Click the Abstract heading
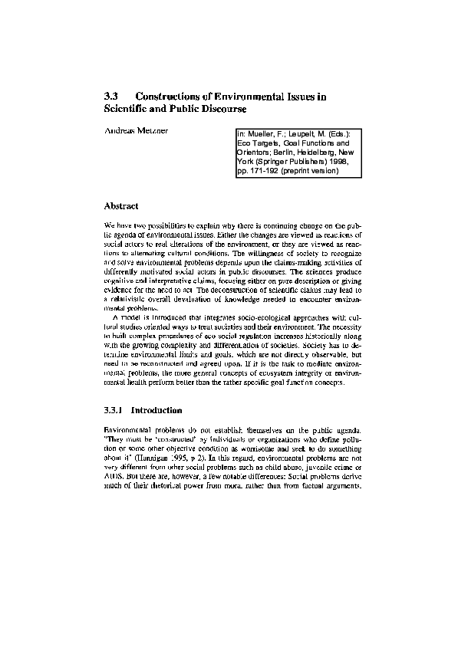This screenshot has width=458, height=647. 120,206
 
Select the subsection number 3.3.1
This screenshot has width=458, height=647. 116,410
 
